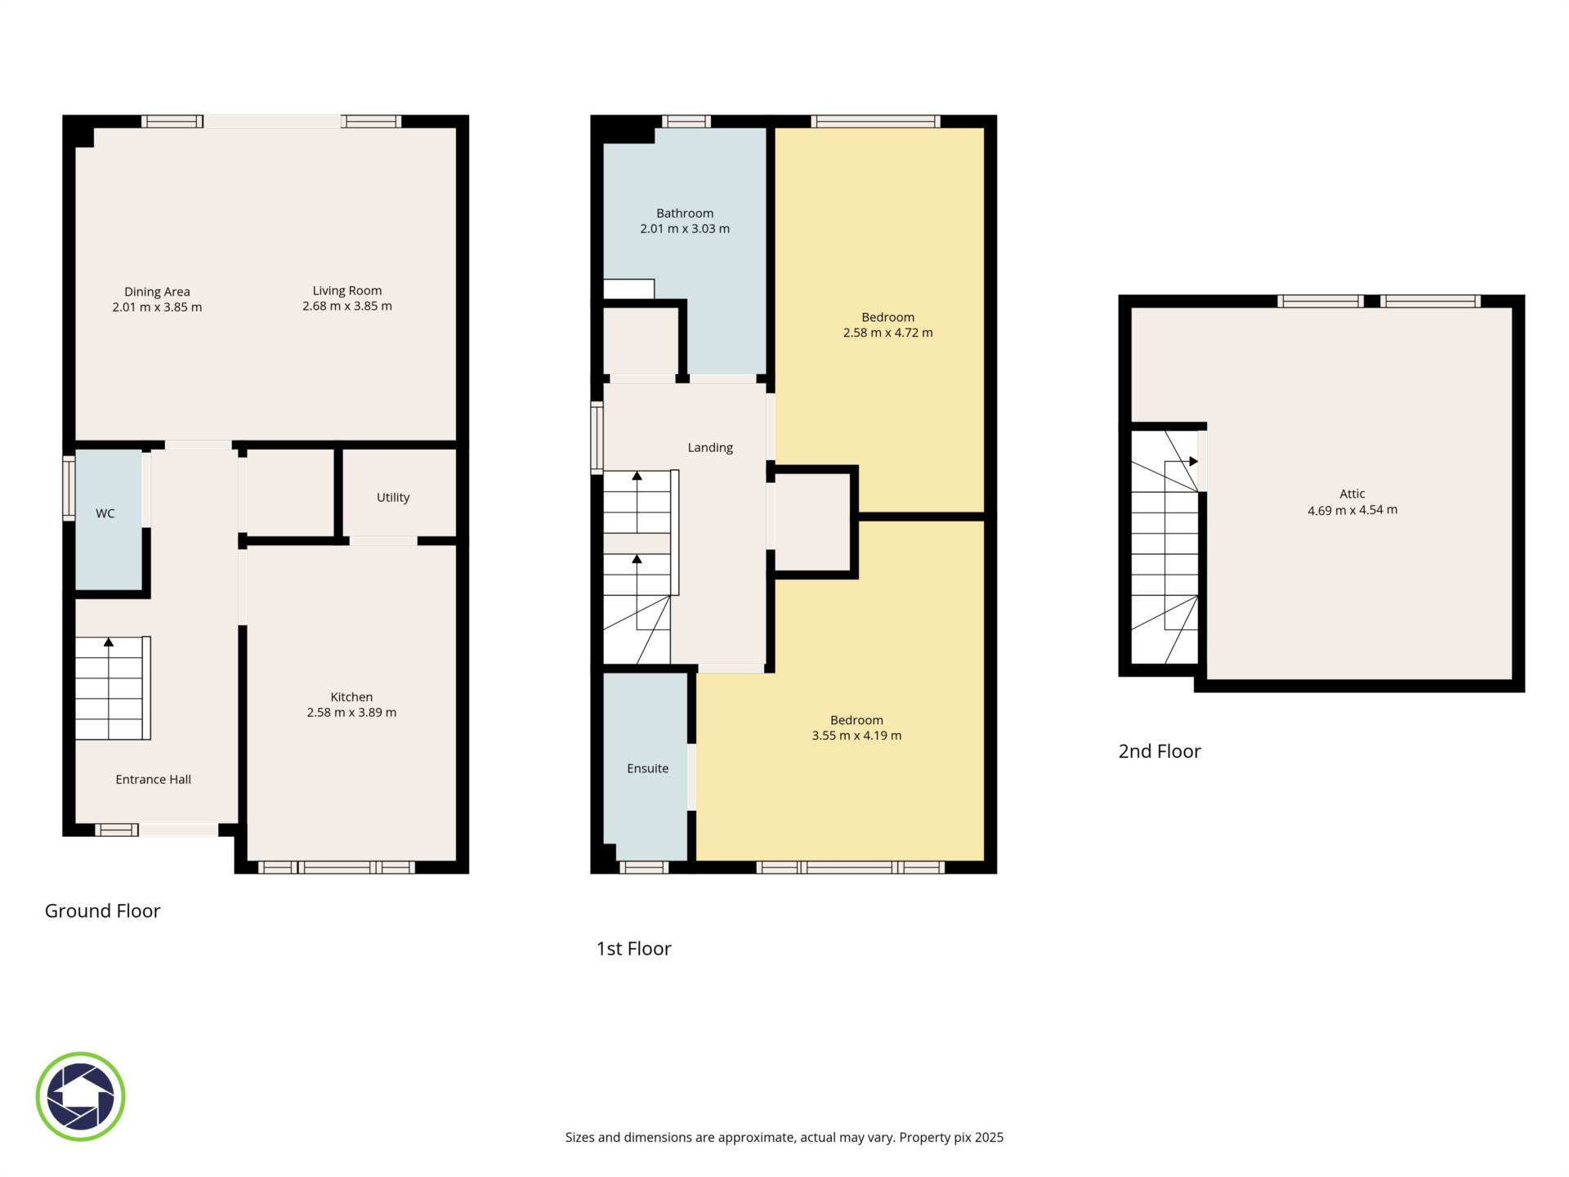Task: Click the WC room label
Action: [x=105, y=513]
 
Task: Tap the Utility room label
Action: [x=393, y=498]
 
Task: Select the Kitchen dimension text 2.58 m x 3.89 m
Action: [x=351, y=713]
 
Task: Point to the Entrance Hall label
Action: [x=154, y=780]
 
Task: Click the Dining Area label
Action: [x=157, y=292]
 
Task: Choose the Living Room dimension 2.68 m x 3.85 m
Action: [x=347, y=307]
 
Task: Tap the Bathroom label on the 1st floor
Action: [x=685, y=213]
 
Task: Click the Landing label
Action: [x=710, y=448]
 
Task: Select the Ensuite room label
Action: [x=648, y=768]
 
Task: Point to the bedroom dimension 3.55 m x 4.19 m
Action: [x=856, y=736]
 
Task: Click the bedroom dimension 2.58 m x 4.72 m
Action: [x=887, y=333]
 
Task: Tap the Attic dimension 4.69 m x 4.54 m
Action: [x=1352, y=510]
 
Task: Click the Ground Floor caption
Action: [x=102, y=911]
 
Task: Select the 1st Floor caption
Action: [x=633, y=948]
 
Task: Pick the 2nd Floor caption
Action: [x=1160, y=751]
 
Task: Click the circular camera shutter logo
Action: [x=80, y=1097]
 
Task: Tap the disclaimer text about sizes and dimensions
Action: [x=784, y=1137]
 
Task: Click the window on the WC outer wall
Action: [x=69, y=488]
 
